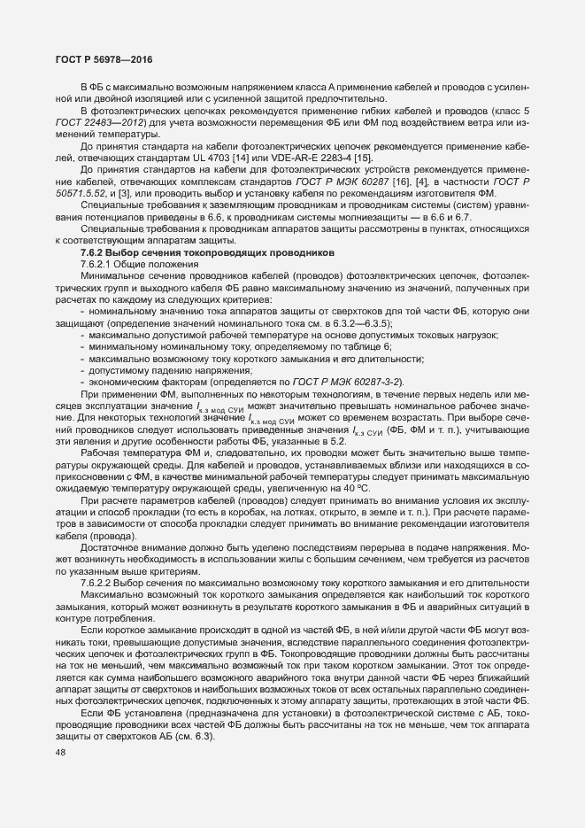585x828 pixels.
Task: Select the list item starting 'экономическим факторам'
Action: pyautogui.click(x=140, y=380)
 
